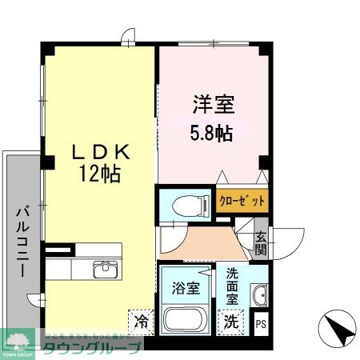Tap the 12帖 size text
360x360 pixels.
click(99, 174)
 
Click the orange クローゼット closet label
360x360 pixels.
click(242, 200)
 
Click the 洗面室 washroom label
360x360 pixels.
click(232, 284)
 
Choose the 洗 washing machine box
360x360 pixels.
click(231, 322)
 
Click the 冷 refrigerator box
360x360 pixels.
click(141, 322)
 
